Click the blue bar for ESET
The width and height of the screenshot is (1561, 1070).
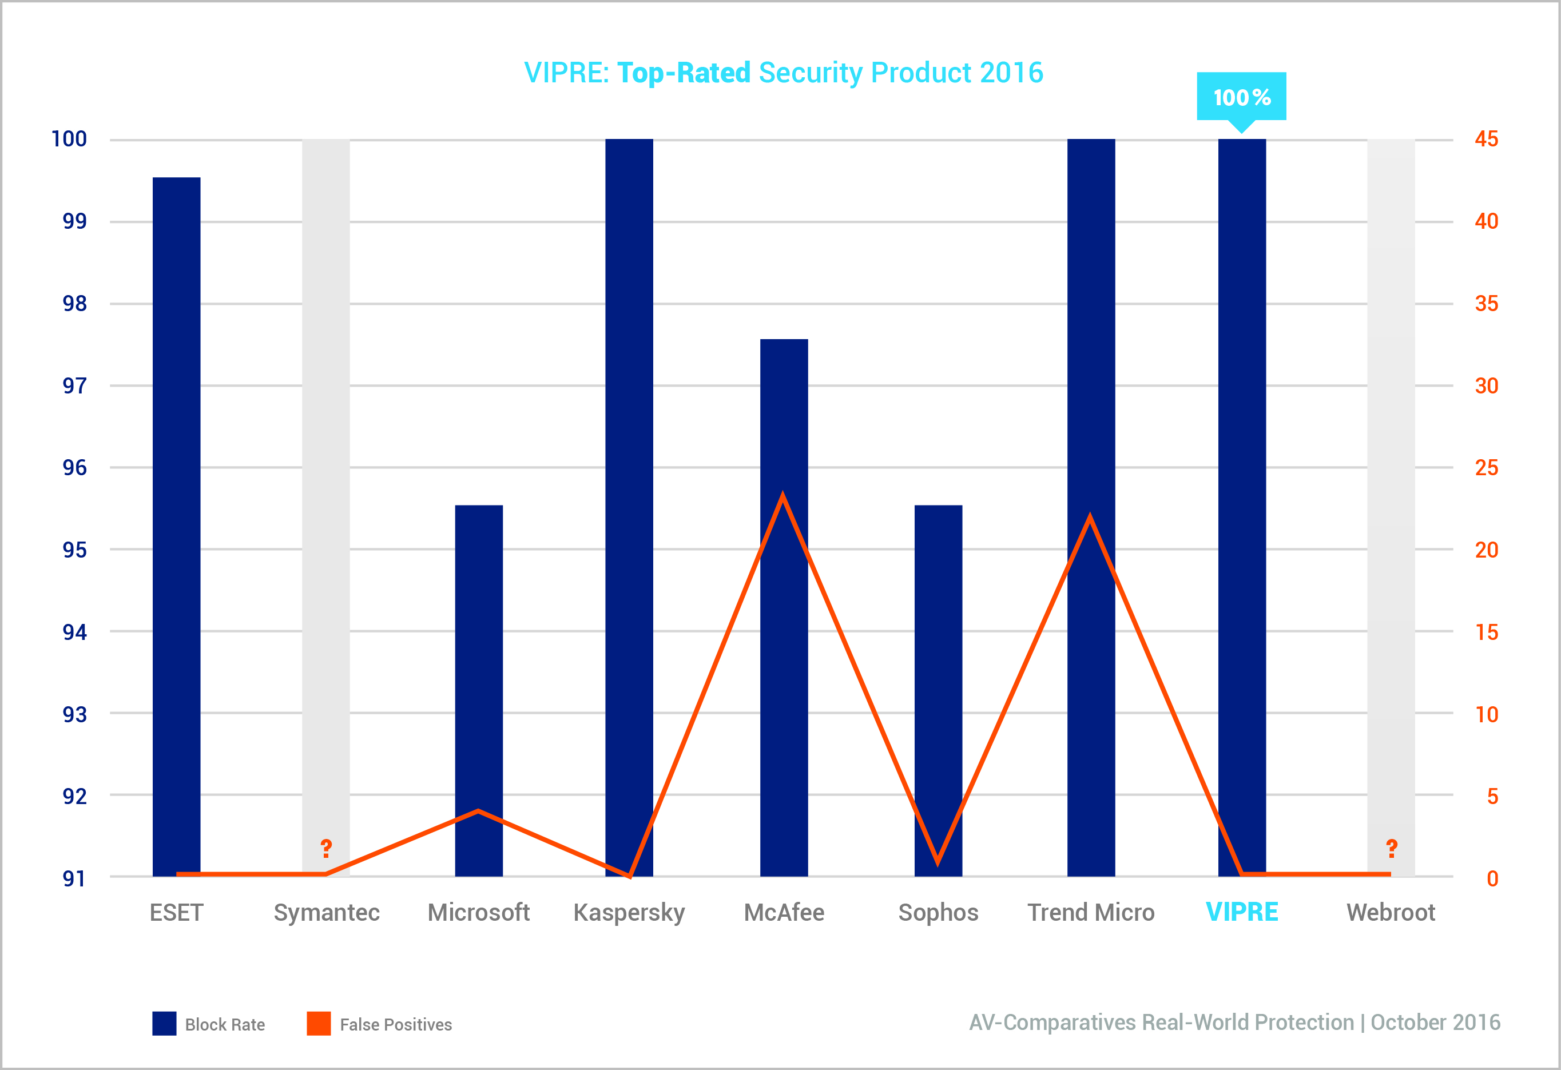click(176, 524)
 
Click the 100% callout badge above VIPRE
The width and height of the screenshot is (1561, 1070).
click(1241, 97)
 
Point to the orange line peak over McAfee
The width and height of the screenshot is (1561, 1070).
click(783, 498)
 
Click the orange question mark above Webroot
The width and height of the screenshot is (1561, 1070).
click(1392, 848)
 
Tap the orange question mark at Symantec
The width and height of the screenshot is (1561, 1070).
click(326, 848)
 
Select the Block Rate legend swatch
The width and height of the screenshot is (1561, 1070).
click(164, 1023)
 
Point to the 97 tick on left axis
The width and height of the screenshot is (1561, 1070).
click(74, 385)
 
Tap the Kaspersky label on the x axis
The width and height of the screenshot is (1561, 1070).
click(629, 912)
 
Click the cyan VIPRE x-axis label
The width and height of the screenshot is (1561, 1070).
click(1241, 912)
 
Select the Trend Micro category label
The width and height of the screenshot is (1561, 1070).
click(1091, 912)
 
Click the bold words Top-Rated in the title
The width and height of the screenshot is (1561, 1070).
click(683, 73)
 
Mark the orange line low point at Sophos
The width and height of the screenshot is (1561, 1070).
click(938, 861)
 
